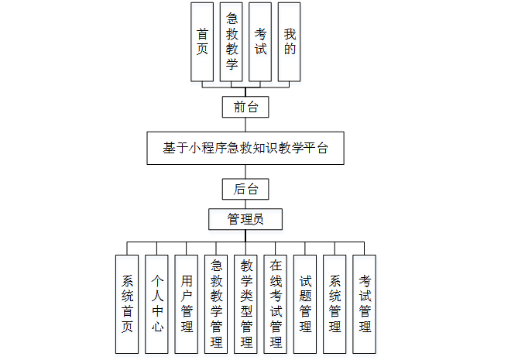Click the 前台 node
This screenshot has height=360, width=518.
click(245, 107)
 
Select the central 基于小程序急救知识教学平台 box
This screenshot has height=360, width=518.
click(245, 148)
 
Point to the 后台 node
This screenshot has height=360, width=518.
click(245, 189)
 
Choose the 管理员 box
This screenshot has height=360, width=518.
click(245, 219)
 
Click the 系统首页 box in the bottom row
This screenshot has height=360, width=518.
click(127, 303)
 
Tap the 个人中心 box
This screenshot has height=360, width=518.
click(156, 303)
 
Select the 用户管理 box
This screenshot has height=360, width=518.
click(187, 303)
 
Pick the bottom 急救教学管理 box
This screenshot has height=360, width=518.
click(216, 303)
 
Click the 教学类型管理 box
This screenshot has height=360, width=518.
click(246, 303)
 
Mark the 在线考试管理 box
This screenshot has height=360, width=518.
click(276, 303)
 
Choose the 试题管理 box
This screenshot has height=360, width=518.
click(305, 303)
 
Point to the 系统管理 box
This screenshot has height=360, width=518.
click(334, 303)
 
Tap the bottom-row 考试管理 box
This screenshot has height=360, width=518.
click(364, 303)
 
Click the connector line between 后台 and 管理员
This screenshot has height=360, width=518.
click(245, 204)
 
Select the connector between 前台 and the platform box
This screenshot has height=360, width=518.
click(245, 125)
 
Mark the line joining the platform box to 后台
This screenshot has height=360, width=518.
click(245, 171)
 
